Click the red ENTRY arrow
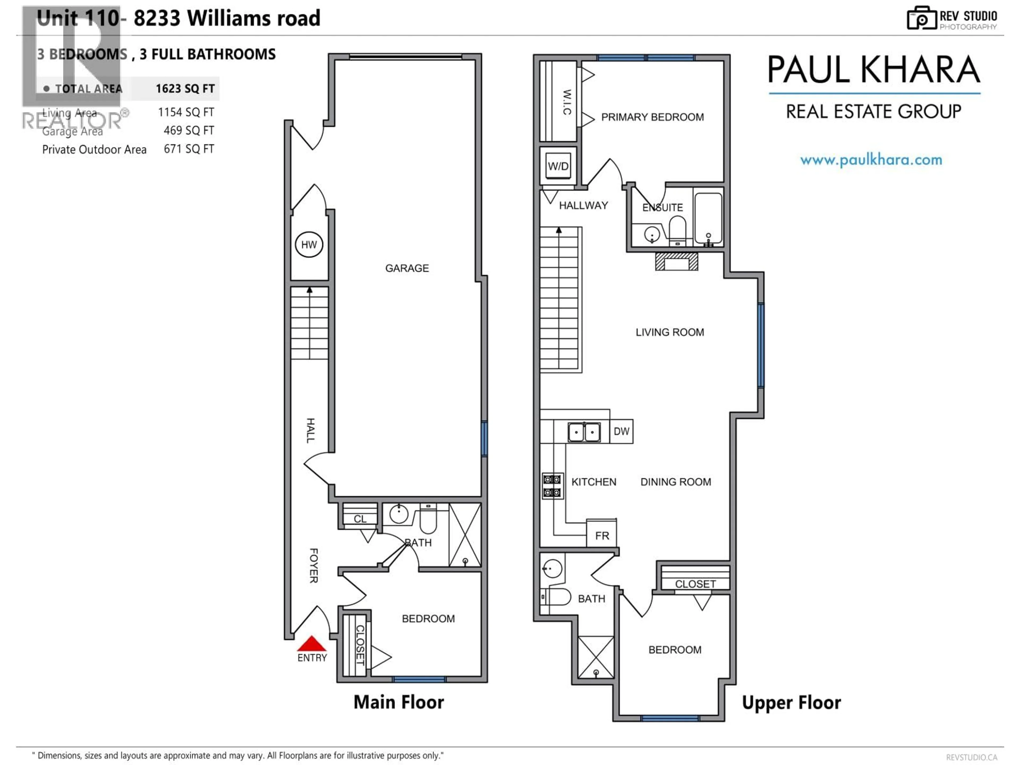pyautogui.click(x=312, y=644)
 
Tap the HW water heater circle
pyautogui.click(x=309, y=244)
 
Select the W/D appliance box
pyautogui.click(x=558, y=166)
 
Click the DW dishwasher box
pyautogui.click(x=621, y=431)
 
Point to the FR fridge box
pyautogui.click(x=602, y=535)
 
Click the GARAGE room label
pyautogui.click(x=407, y=268)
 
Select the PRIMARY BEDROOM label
pyautogui.click(x=652, y=117)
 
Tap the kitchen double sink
pyautogui.click(x=584, y=432)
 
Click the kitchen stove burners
pyautogui.click(x=552, y=486)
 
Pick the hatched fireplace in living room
pyautogui.click(x=677, y=261)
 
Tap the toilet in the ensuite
pyautogui.click(x=677, y=229)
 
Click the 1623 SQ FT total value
pyautogui.click(x=185, y=88)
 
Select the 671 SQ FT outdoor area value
pyautogui.click(x=189, y=149)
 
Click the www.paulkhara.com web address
pyautogui.click(x=871, y=160)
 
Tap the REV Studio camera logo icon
pyautogui.click(x=921, y=18)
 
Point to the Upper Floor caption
pyautogui.click(x=791, y=702)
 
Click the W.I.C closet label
pyautogui.click(x=567, y=102)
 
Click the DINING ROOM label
pyautogui.click(x=675, y=482)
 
